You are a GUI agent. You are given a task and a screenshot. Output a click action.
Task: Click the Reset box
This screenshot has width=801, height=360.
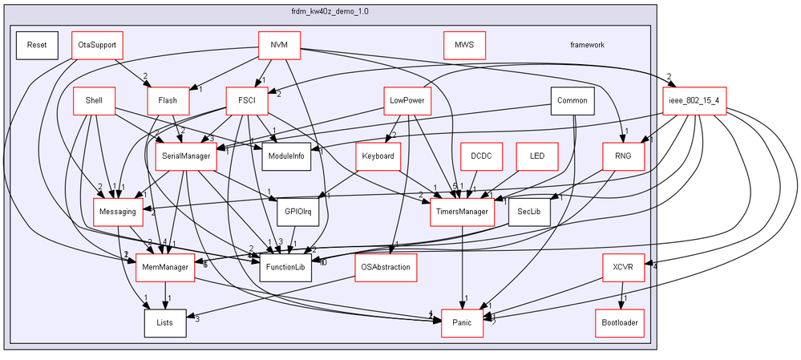(x=36, y=45)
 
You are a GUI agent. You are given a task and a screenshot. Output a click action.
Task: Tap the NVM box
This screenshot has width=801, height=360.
(x=279, y=45)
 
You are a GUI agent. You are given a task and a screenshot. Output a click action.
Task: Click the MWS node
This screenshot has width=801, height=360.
(x=464, y=45)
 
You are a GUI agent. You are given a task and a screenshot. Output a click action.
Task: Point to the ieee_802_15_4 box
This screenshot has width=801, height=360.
(x=694, y=100)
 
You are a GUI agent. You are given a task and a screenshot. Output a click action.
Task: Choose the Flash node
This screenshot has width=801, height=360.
(x=168, y=100)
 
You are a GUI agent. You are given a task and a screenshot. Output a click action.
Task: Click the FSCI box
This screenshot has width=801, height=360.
(x=241, y=100)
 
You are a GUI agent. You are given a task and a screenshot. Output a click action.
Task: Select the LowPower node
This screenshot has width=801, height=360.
(x=407, y=100)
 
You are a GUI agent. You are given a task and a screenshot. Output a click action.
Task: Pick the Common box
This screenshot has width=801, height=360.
(x=572, y=100)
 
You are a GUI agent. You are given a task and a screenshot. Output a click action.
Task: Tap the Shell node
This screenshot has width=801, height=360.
(x=93, y=100)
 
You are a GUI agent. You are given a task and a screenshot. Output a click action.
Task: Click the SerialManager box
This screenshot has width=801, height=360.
(x=185, y=156)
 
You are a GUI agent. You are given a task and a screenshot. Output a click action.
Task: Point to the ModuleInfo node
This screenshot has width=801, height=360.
(x=286, y=156)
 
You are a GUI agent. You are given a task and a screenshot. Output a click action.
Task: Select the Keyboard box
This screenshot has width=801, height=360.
(x=378, y=156)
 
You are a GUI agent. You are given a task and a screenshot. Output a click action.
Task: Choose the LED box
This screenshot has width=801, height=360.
(x=537, y=156)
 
